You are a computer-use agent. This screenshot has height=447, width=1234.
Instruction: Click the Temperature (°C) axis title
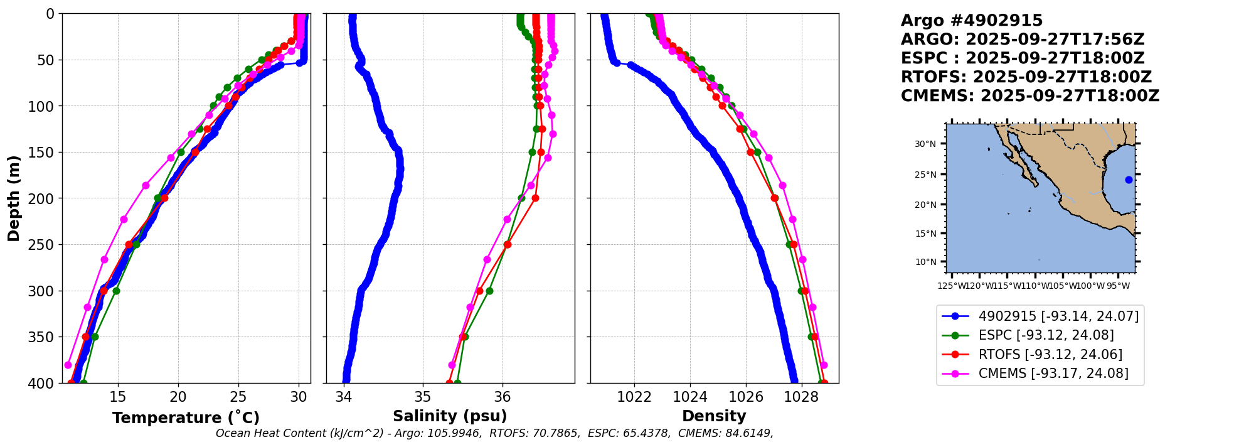coord(186,418)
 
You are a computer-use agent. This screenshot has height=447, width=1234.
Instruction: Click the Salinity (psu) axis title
coord(450,416)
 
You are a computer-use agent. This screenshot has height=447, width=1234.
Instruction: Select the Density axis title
coord(714,416)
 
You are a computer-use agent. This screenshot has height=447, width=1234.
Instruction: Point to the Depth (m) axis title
coord(14,198)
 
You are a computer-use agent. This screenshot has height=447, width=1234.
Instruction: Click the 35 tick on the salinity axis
coord(423,397)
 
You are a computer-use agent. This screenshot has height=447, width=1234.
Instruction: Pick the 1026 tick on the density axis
coord(746,397)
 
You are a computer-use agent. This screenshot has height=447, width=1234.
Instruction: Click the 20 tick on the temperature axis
coord(178,397)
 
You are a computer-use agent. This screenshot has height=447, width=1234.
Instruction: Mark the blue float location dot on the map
coord(1129,180)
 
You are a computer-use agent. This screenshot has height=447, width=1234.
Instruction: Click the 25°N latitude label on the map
coord(925,175)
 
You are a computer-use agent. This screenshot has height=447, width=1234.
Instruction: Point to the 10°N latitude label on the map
coord(925,262)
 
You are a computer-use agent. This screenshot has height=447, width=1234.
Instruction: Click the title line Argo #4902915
coord(971,21)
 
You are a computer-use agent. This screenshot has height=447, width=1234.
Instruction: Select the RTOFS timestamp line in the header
coord(1026,77)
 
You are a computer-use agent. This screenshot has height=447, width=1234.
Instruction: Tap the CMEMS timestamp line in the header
coord(1029,96)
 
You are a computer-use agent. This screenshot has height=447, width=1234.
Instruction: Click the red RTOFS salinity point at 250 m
coord(508,244)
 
